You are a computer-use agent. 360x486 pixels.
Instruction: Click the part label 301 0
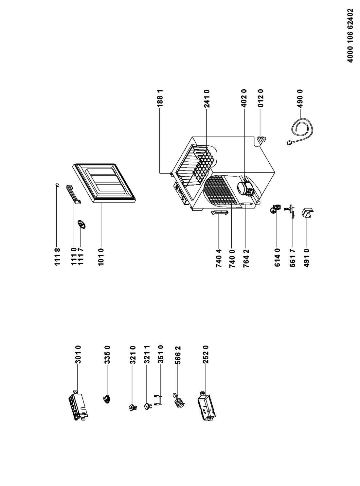pyautogui.click(x=78, y=354)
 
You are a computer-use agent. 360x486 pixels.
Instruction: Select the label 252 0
pyautogui.click(x=206, y=354)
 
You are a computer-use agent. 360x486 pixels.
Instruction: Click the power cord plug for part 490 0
pyautogui.click(x=288, y=143)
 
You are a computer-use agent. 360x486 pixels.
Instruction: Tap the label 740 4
pyautogui.click(x=218, y=259)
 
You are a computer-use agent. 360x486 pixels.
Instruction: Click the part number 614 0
pyautogui.click(x=277, y=259)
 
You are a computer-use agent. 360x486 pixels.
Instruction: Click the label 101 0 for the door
pyautogui.click(x=101, y=257)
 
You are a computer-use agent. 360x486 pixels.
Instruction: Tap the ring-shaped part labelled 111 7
pyautogui.click(x=81, y=224)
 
